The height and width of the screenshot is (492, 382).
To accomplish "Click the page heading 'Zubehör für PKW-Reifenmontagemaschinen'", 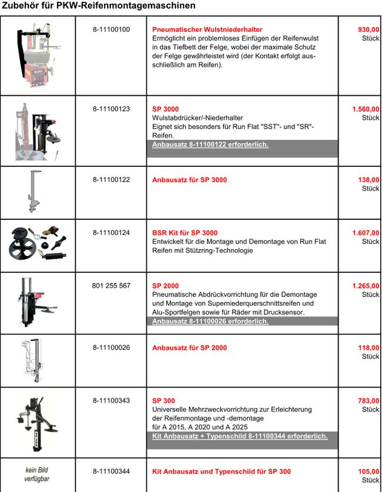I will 99,5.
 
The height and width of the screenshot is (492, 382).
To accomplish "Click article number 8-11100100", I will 111,29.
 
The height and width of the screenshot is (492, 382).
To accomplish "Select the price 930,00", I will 368,29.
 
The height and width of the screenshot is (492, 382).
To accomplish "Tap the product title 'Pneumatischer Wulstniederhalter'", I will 207,29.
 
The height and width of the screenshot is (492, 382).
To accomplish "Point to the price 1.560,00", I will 366,109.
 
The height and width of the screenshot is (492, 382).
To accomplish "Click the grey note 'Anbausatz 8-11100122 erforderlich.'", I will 210,145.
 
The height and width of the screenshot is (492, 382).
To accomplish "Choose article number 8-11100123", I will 111,109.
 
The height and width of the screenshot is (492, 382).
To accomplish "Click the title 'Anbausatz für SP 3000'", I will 189,180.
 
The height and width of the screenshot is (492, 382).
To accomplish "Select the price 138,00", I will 368,180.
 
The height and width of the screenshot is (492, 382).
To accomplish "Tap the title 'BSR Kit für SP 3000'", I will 185,233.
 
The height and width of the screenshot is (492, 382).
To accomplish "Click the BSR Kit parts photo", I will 38,245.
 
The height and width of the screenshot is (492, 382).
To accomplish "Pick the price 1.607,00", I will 366,233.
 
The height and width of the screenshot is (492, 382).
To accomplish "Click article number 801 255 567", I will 111,286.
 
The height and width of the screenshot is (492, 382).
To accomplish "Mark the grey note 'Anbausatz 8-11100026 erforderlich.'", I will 210,322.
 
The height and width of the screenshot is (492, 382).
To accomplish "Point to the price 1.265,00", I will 366,286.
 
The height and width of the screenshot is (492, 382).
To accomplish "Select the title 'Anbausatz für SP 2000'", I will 189,348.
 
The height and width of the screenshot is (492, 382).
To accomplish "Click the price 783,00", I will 368,401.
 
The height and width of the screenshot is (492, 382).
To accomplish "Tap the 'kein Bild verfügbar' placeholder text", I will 36,474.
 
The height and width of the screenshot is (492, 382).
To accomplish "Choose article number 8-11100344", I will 111,471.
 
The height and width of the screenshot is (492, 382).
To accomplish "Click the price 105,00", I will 368,471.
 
